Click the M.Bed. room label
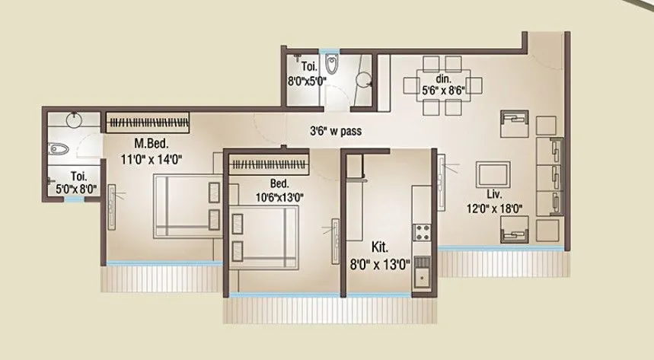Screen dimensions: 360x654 151,143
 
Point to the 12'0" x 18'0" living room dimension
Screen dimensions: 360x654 489,206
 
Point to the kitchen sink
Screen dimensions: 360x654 421,275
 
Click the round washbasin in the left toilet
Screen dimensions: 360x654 74,120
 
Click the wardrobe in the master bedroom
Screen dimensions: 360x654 146,123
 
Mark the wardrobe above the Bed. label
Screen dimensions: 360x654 270,164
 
